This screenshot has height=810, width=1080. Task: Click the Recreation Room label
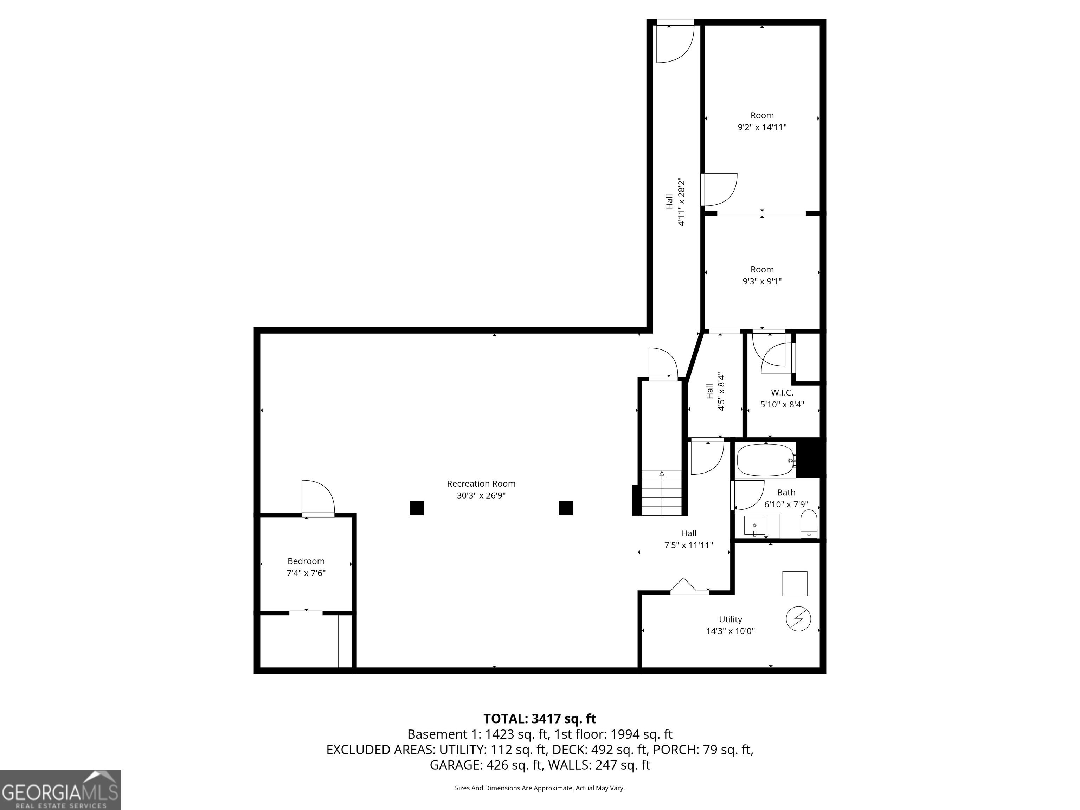[481, 483]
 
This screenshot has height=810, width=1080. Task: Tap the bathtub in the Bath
[766, 460]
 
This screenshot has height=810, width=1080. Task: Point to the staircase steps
[662, 493]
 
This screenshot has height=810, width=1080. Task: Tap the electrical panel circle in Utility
[798, 619]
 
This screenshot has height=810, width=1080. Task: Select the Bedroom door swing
[318, 497]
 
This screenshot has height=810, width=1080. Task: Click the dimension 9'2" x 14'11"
[762, 127]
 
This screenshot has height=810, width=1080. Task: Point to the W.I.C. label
[782, 393]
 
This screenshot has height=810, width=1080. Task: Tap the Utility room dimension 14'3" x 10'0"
[731, 631]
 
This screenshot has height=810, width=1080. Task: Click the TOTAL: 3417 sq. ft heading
[540, 719]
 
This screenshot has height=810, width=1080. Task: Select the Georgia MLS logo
[60, 790]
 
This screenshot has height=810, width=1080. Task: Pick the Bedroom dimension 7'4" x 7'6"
[306, 573]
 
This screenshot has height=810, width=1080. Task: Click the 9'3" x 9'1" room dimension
[762, 282]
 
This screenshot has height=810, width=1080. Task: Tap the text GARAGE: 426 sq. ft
[486, 765]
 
